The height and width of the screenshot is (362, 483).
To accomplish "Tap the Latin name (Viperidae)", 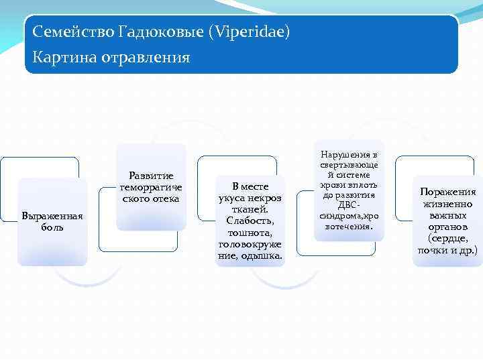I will point(249,32).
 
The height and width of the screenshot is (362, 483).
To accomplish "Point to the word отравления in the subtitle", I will point(146,58).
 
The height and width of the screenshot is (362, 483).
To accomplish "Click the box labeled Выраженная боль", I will point(52,221).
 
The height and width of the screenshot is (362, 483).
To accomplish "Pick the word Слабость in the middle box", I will point(250,221).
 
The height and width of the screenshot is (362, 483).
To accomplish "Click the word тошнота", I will point(250,232).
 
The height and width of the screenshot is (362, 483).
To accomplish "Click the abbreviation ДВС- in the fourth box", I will point(349,205).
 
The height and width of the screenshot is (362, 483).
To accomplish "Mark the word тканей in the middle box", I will point(250,209).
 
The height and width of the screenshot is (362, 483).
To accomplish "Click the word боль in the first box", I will point(52,227).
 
